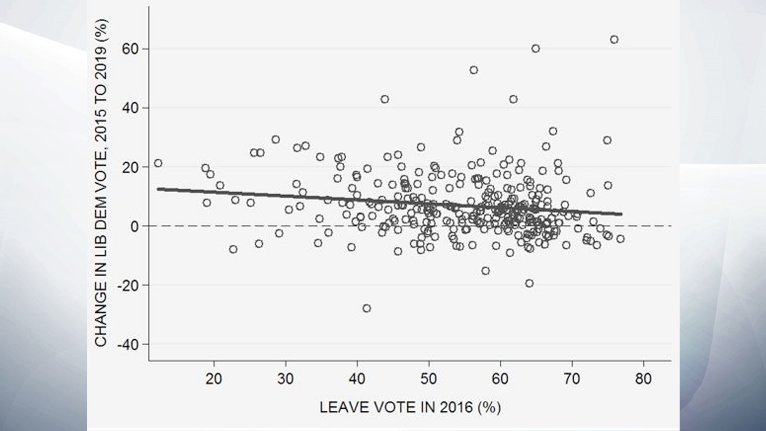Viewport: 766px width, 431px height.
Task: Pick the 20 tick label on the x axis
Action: pyautogui.click(x=214, y=379)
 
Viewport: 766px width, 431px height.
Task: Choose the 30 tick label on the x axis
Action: pyautogui.click(x=285, y=379)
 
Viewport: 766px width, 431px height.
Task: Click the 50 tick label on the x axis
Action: pyautogui.click(x=429, y=379)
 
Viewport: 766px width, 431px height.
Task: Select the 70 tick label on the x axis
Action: pyautogui.click(x=572, y=379)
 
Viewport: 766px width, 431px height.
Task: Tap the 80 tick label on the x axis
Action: pyautogui.click(x=643, y=379)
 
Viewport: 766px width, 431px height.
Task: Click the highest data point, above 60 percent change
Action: pyautogui.click(x=614, y=40)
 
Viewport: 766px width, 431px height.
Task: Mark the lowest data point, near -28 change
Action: pyautogui.click(x=367, y=308)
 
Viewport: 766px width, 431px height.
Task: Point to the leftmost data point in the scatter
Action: pyautogui.click(x=158, y=163)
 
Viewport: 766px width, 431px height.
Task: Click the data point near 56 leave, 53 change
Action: pyautogui.click(x=474, y=70)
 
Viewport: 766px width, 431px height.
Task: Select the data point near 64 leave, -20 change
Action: pyautogui.click(x=529, y=283)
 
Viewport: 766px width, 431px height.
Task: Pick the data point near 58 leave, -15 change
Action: pyautogui.click(x=485, y=270)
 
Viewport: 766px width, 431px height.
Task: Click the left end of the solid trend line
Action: pyautogui.click(x=159, y=189)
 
